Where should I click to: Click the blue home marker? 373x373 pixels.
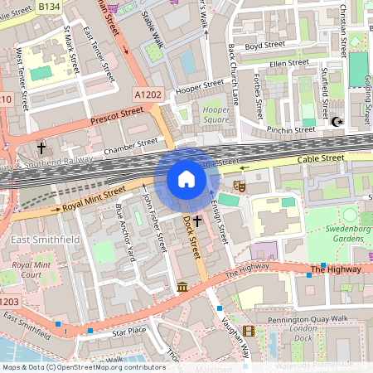pyautogui.click(x=186, y=179)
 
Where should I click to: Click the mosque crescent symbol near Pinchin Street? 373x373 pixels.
pyautogui.click(x=337, y=123)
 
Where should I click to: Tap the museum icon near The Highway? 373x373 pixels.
pyautogui.click(x=182, y=287)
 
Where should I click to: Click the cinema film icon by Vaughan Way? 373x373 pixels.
pyautogui.click(x=249, y=332)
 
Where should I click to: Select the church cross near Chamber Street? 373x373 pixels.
pyautogui.click(x=41, y=148)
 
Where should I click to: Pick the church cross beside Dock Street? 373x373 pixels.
pyautogui.click(x=197, y=225)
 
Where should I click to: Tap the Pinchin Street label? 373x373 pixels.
pyautogui.click(x=290, y=129)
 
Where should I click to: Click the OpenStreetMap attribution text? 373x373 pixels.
pyautogui.click(x=84, y=366)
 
